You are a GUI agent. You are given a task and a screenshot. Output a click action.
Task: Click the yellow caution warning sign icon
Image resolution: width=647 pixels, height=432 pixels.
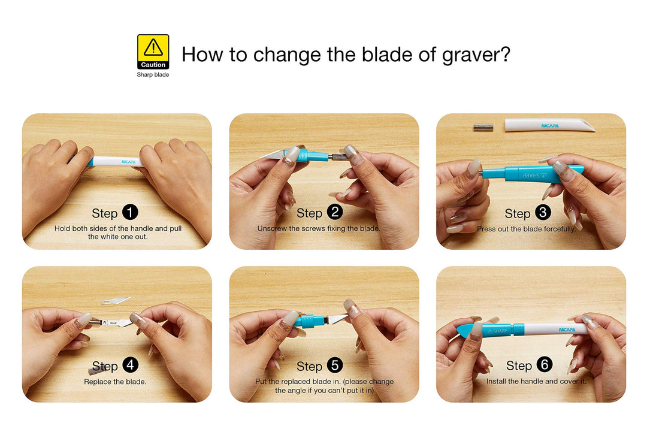pos(153,52)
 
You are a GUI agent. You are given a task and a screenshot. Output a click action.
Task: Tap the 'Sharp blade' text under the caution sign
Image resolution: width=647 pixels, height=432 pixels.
pos(153,75)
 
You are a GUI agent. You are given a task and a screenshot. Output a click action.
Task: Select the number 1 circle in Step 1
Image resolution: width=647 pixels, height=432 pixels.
pos(130,213)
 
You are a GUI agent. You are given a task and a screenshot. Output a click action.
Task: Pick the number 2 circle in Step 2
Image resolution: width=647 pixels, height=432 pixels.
pos(335,212)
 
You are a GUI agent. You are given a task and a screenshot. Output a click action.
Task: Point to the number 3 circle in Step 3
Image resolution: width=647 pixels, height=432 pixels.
pos(543,213)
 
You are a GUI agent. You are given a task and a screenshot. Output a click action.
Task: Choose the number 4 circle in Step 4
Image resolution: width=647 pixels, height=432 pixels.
pos(131,365)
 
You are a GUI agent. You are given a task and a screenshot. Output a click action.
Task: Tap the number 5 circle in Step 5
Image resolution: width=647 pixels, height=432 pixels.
pos(335,365)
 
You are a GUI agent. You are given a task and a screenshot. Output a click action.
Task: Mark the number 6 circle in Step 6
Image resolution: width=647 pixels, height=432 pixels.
pos(545,365)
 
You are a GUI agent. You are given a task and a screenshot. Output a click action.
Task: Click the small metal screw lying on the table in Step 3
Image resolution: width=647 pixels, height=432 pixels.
pos(483,127)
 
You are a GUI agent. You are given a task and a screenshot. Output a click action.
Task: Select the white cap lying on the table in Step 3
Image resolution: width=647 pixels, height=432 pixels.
pos(549,125)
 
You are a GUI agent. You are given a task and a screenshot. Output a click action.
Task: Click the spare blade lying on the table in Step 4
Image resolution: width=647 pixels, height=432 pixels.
pos(115,300)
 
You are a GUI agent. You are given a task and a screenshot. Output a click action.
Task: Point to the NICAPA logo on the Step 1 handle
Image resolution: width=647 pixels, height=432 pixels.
pos(129,162)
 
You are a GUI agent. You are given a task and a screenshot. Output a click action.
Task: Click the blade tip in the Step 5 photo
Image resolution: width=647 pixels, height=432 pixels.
pos(347,316)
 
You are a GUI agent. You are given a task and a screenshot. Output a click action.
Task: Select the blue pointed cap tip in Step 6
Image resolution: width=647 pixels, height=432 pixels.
pos(459,331)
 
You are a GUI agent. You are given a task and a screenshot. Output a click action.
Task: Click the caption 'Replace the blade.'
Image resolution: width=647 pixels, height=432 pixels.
pos(115,382)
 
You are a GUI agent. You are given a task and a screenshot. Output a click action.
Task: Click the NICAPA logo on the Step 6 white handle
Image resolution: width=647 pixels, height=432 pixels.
pos(567,330)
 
